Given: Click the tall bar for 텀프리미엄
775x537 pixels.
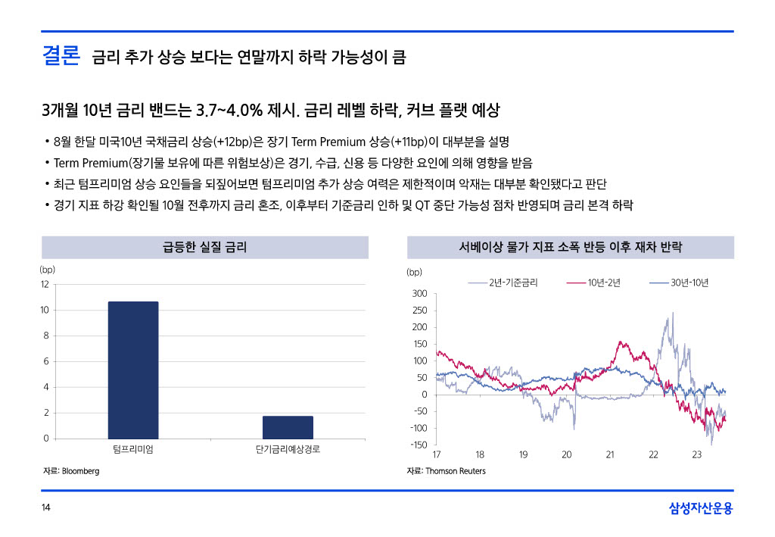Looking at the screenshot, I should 133,370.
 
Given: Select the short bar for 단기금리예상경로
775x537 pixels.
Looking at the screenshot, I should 288,427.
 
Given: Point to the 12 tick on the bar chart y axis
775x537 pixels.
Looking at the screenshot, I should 45,284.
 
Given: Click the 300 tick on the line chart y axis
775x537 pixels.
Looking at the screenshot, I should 419,294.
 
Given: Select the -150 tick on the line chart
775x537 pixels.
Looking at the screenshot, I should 418,445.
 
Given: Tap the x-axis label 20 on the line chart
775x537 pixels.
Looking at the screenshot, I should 567,454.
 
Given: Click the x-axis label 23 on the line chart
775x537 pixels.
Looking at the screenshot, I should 697,454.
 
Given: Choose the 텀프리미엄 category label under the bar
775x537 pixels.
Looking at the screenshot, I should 133,450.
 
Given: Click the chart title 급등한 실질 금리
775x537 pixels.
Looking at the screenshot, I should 204,247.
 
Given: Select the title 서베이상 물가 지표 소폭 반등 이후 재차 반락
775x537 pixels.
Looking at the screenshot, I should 571,247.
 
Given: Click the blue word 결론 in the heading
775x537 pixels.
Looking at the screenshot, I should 61,56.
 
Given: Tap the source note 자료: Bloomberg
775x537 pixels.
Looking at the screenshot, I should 71,471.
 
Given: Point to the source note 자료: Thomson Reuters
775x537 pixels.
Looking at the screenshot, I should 446,471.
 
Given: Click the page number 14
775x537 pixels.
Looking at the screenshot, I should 45,508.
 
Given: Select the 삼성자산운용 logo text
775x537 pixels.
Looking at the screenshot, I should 701,508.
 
